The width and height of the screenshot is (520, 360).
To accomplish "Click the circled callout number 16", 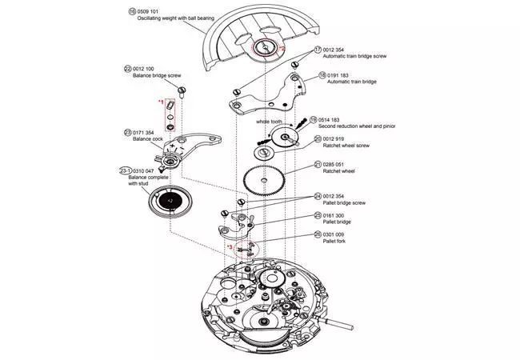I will coord(132,12).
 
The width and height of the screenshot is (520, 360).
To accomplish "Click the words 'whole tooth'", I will coord(270,122).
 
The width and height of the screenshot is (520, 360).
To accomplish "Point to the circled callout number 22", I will coord(128,70).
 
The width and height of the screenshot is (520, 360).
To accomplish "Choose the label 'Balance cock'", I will coord(149,138).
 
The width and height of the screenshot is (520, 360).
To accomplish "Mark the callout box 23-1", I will coord(123,170).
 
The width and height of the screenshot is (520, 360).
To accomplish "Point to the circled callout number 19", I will coord(314,119).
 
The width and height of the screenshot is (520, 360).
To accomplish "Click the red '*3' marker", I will coord(230,248).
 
